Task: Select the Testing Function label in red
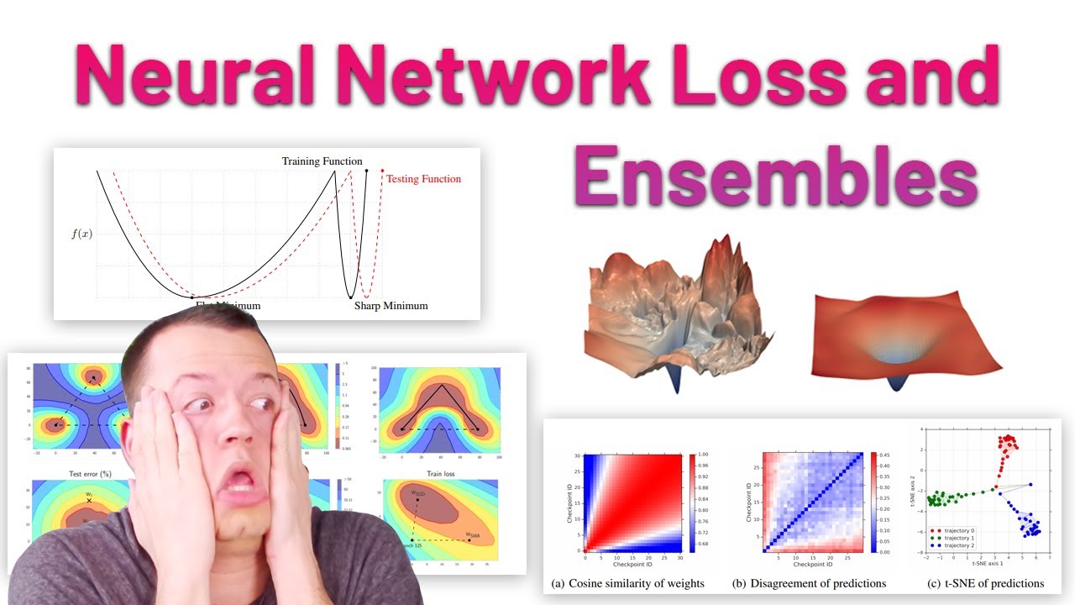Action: pyautogui.click(x=423, y=179)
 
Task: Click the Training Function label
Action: pyautogui.click(x=322, y=161)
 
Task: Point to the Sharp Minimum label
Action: pyautogui.click(x=391, y=306)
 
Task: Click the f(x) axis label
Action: pyautogui.click(x=81, y=233)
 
